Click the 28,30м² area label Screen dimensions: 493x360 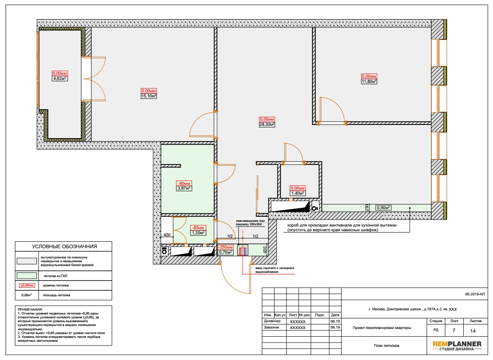267,125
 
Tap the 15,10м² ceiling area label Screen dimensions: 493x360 149,96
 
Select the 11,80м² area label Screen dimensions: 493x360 369,82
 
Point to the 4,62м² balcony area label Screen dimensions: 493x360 60,79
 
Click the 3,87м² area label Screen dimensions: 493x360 184,188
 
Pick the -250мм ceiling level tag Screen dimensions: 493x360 225,247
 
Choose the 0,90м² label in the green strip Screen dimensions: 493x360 384,208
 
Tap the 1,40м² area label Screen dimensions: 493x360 297,193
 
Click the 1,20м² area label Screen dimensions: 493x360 198,233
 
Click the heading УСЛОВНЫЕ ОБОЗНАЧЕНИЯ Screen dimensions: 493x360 64,247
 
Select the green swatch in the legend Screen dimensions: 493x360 27,276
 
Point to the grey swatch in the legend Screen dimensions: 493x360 27,261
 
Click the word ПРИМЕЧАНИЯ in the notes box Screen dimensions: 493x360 30,310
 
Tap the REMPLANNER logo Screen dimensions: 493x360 457,346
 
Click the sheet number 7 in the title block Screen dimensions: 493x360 454,330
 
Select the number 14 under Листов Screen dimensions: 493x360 473,331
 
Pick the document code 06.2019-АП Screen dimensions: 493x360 475,294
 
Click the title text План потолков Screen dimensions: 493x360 386,346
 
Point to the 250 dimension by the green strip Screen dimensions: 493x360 367,207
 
